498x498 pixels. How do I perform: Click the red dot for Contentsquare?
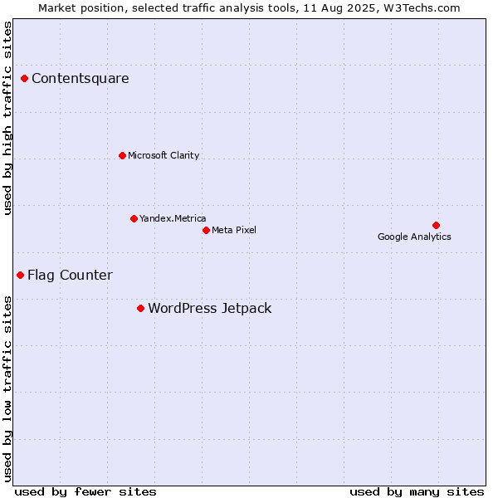[24, 79]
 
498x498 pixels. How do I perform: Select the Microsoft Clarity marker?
[122, 156]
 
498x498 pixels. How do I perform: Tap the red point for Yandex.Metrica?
[134, 218]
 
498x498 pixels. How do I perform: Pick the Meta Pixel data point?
[206, 230]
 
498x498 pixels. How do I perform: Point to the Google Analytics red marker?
[436, 226]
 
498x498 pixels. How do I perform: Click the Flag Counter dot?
[20, 275]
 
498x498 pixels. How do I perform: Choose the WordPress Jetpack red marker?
[141, 309]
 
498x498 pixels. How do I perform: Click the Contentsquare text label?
[81, 79]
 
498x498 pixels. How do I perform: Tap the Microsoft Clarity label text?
[164, 155]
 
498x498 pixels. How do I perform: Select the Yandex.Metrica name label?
[173, 218]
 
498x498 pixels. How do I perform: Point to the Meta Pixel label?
[234, 230]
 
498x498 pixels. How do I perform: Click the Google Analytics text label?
[414, 237]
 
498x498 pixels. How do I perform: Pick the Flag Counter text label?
[71, 276]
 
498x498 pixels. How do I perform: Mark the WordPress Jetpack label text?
[210, 309]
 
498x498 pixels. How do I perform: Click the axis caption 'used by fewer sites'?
[85, 492]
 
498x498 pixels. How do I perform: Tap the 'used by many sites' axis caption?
[417, 492]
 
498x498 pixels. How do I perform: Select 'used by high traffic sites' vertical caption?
[7, 118]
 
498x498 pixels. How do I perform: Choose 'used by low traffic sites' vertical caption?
[7, 389]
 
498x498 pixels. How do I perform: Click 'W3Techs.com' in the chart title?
[422, 8]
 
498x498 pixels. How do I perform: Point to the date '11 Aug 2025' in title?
[339, 8]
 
